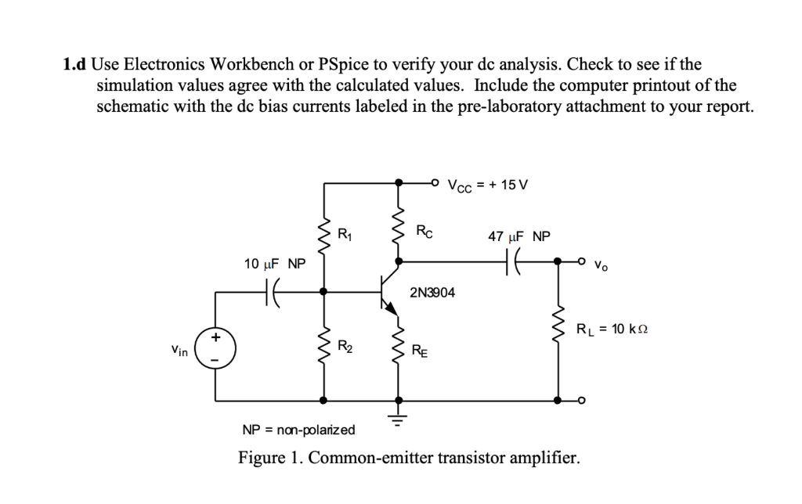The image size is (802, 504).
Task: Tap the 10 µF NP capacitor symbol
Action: coord(273,292)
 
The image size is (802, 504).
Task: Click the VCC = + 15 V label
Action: coord(488,185)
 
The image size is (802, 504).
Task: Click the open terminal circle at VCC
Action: coord(435,182)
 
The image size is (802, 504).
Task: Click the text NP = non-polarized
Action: coord(298,430)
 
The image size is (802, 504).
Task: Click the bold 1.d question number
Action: coord(75,64)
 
